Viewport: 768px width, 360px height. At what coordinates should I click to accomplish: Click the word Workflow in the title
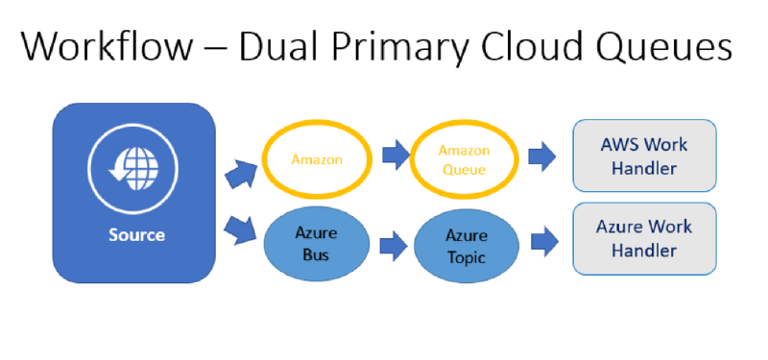pyautogui.click(x=107, y=45)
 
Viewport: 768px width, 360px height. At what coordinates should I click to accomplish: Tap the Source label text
pyautogui.click(x=136, y=235)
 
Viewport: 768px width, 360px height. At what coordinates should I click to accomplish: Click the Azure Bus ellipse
pyautogui.click(x=317, y=244)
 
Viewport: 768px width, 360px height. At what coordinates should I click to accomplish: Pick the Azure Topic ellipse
pyautogui.click(x=467, y=246)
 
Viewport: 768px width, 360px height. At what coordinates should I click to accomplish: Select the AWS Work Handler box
pyautogui.click(x=644, y=156)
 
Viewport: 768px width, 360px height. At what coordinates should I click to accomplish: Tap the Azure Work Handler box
pyautogui.click(x=644, y=238)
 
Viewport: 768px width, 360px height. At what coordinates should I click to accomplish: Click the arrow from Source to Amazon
pyautogui.click(x=241, y=174)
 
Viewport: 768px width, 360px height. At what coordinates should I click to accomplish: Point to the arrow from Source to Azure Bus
pyautogui.click(x=240, y=229)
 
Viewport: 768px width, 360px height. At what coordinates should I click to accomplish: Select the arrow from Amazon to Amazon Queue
pyautogui.click(x=396, y=155)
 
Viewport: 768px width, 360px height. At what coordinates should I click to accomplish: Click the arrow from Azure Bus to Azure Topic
pyautogui.click(x=394, y=247)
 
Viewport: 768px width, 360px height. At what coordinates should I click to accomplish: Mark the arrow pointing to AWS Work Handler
pyautogui.click(x=542, y=156)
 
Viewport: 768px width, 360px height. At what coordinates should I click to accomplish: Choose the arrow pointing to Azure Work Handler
pyautogui.click(x=544, y=242)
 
